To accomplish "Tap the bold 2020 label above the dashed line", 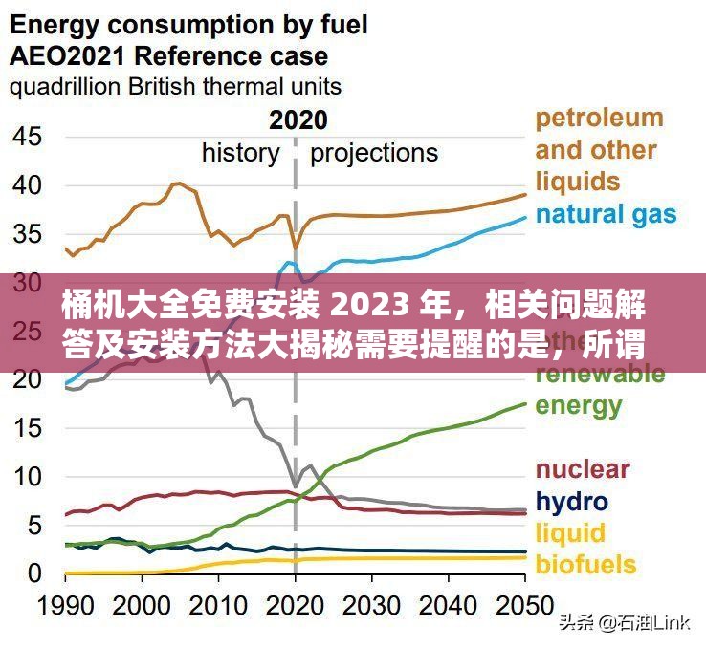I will (x=298, y=120).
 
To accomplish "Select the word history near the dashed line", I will (x=240, y=153).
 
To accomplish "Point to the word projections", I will (x=374, y=153).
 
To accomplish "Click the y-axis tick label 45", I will (x=28, y=136).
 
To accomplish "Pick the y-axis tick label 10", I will (x=28, y=476).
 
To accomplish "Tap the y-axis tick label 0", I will (x=35, y=573).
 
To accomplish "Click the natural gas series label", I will (x=606, y=214).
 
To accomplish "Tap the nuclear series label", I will (x=582, y=469).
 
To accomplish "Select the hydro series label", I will (x=571, y=501).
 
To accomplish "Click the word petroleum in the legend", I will (x=599, y=119).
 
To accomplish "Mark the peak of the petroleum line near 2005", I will (x=177, y=183).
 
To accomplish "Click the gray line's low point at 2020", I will (x=295, y=486).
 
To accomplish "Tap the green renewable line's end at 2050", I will (x=525, y=403).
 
